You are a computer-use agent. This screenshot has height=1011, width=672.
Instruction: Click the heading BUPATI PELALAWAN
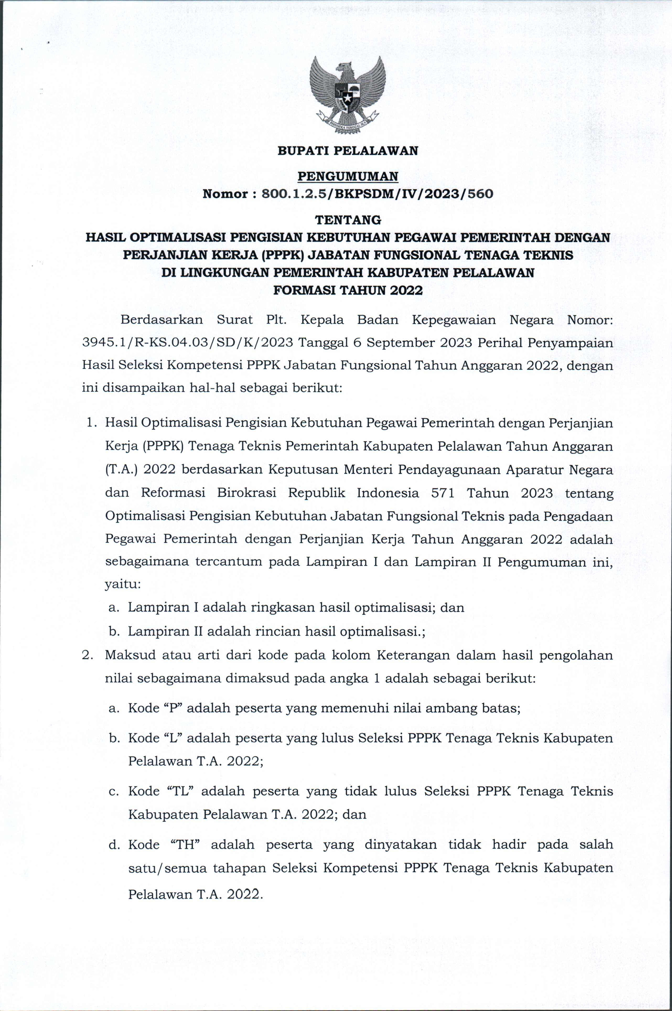click(x=348, y=151)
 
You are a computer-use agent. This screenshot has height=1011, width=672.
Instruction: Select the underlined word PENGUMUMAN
click(x=348, y=176)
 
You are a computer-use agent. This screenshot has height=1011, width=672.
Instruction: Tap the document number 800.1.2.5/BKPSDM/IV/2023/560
click(x=377, y=194)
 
